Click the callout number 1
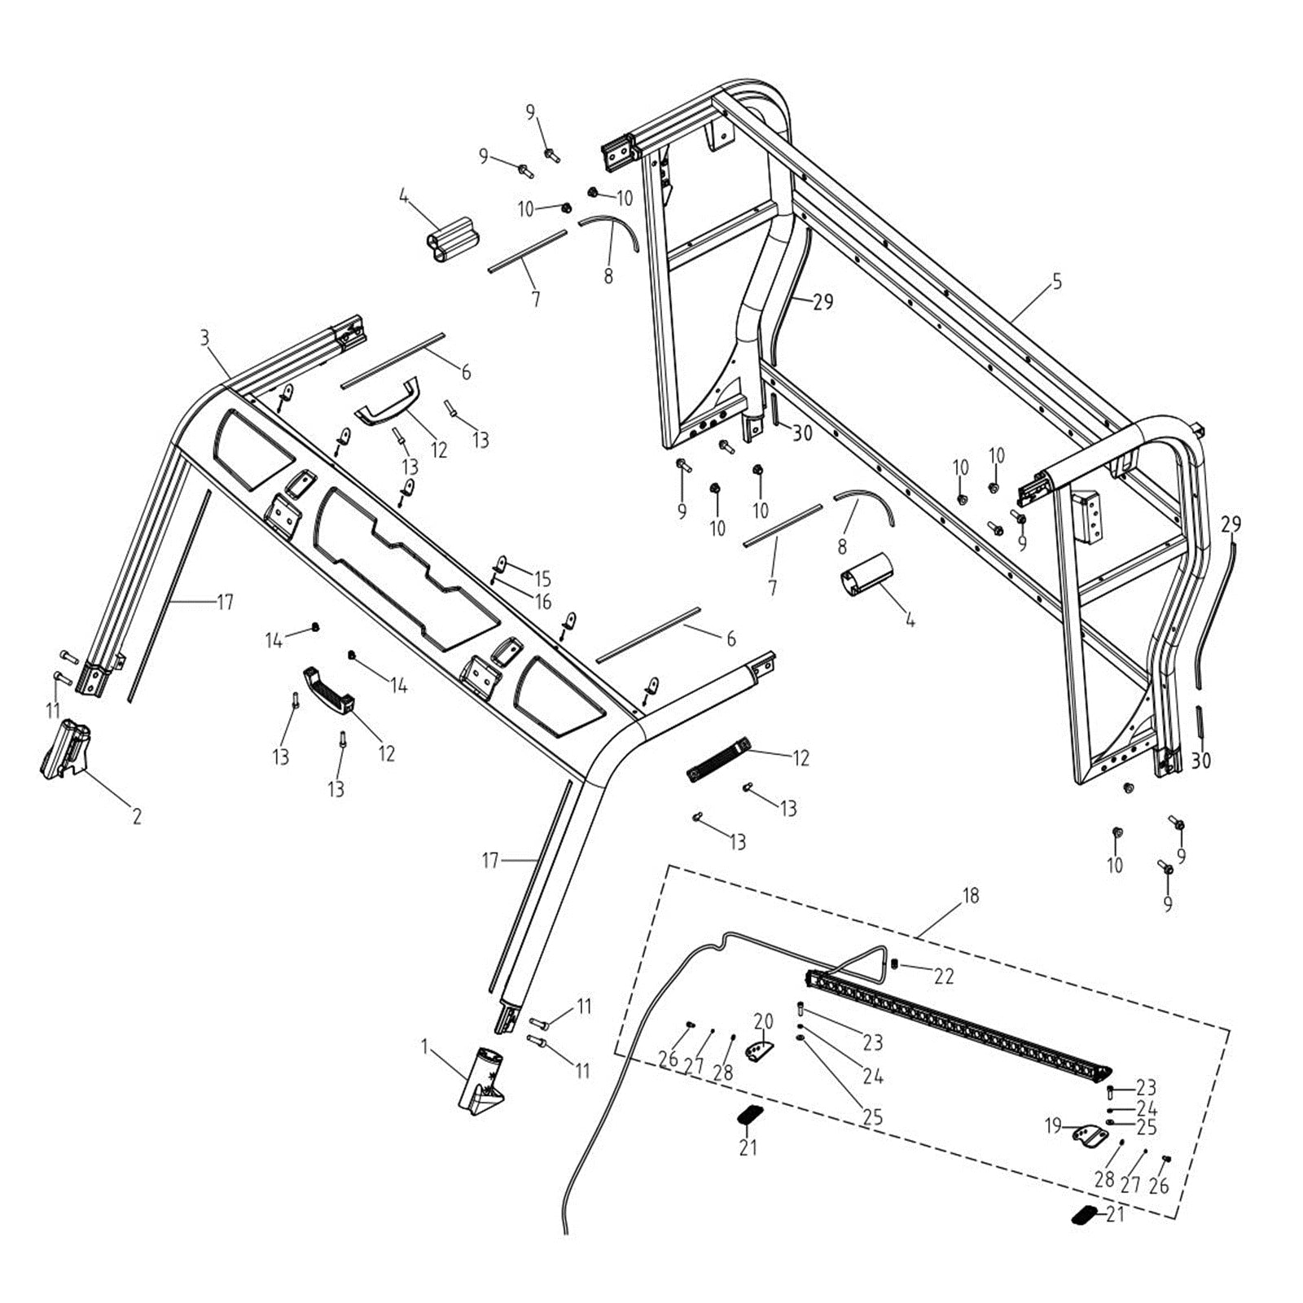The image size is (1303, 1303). [424, 1045]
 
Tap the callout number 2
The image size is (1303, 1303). [137, 815]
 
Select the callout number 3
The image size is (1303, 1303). [204, 337]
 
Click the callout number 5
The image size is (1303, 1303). [1057, 283]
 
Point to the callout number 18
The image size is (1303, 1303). [970, 896]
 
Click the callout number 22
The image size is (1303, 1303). [944, 976]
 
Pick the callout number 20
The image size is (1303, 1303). [763, 1021]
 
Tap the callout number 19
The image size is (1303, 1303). [1053, 1126]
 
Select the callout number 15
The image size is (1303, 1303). [542, 579]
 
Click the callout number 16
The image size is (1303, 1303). [542, 602]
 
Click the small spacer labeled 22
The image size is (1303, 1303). [894, 964]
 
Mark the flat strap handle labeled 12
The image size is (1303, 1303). [717, 760]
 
